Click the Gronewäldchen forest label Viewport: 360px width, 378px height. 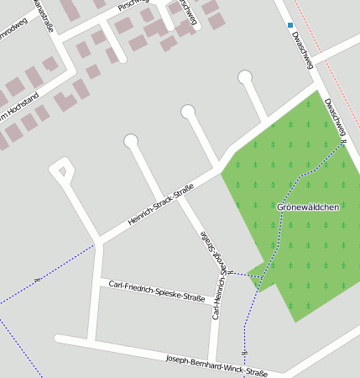[x=308, y=207]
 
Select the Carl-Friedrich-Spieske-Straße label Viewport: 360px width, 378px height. [x=157, y=291]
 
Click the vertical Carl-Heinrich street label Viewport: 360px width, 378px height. [x=211, y=274]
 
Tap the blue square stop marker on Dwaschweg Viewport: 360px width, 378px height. [x=290, y=26]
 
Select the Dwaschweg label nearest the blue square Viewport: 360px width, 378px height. [x=302, y=49]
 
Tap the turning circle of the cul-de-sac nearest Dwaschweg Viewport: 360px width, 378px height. [x=245, y=78]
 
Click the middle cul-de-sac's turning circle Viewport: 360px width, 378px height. [x=188, y=110]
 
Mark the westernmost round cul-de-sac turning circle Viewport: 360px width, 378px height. [x=131, y=141]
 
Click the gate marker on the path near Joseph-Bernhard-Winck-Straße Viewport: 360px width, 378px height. [x=244, y=353]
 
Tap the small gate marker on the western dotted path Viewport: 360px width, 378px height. [x=36, y=279]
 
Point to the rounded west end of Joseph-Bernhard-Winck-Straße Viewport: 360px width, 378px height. [x=60, y=339]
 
